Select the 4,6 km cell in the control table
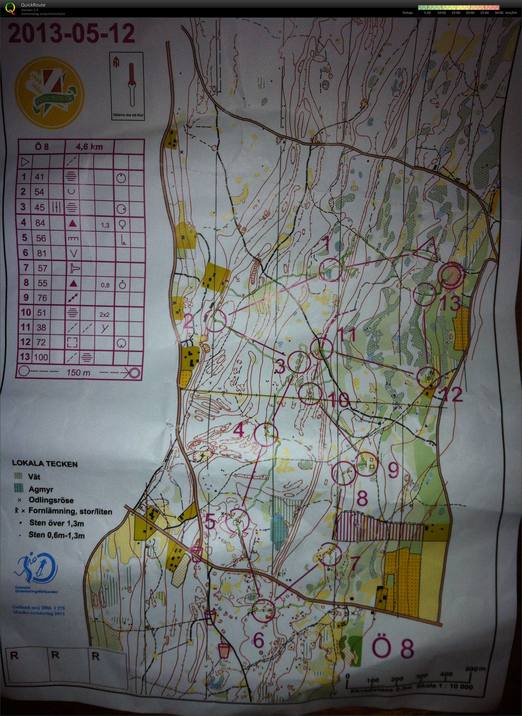[x=90, y=147]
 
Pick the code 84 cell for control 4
[x=40, y=223]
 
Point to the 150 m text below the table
[x=78, y=373]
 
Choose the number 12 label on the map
[x=453, y=394]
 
